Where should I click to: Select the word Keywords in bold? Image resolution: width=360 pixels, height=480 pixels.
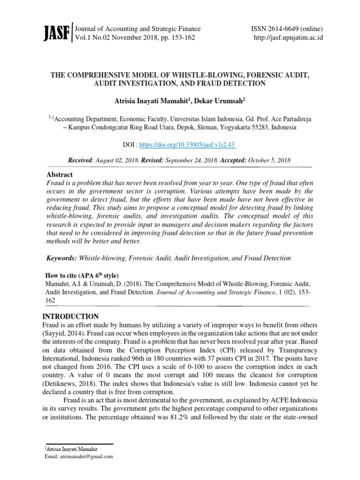(x=61, y=258)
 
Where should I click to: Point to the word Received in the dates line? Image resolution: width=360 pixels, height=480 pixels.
(x=81, y=160)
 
